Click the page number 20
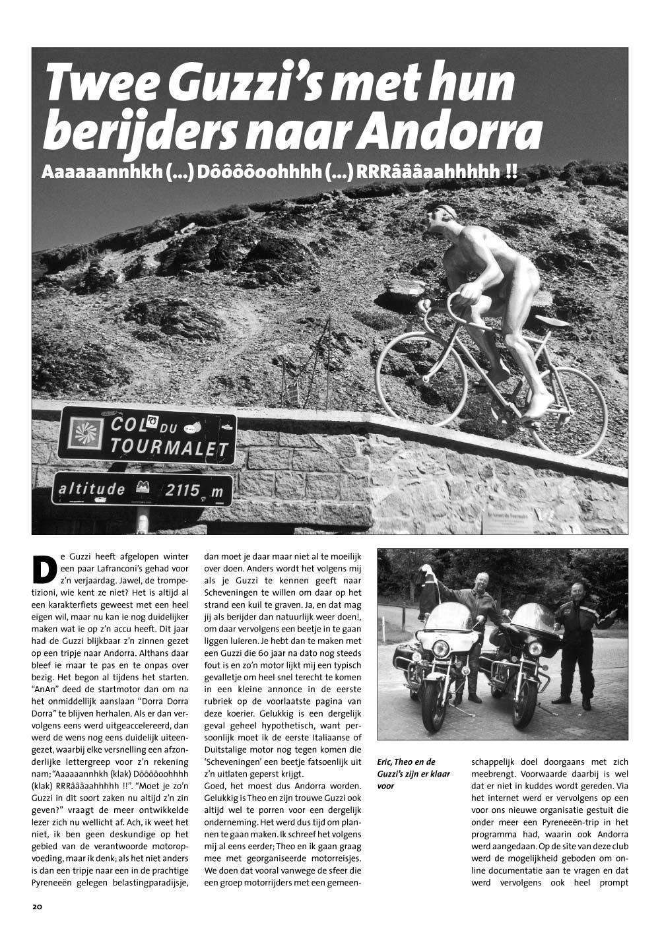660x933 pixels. point(37,906)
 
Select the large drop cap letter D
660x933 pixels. point(44,569)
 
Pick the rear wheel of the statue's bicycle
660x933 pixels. point(567,410)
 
